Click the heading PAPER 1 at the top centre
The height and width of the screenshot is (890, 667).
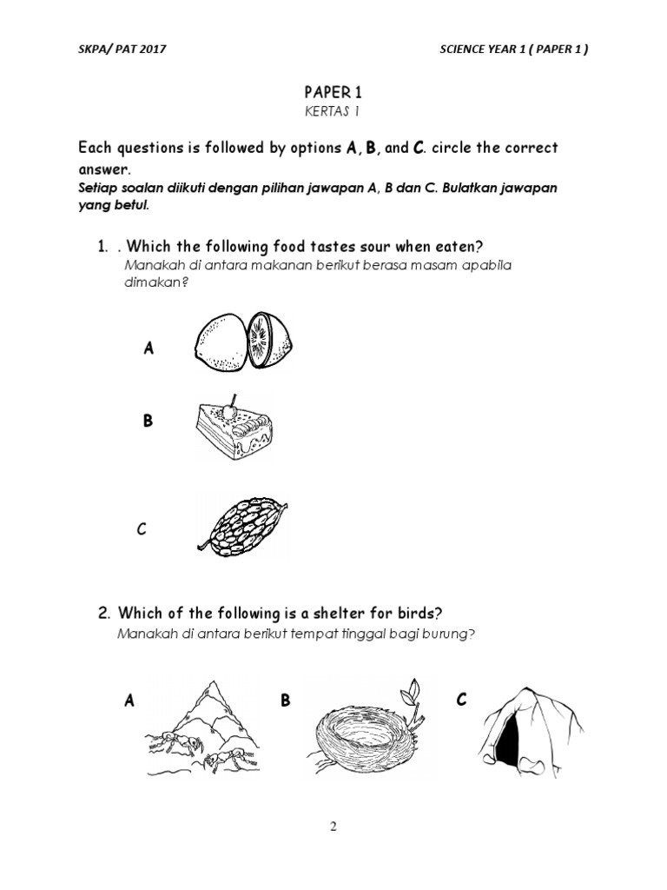click(x=333, y=90)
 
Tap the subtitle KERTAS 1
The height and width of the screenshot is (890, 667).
click(x=333, y=111)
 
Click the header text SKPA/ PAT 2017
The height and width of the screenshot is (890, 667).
click(x=122, y=50)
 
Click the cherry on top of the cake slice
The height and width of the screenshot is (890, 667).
click(x=230, y=406)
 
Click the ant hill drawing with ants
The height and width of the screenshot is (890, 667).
click(x=201, y=726)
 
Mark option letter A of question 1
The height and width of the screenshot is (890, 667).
click(x=149, y=349)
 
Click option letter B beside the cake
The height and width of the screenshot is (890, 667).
click(x=148, y=421)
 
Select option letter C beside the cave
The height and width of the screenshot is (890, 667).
click(x=461, y=700)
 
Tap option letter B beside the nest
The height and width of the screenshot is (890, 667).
click(x=285, y=700)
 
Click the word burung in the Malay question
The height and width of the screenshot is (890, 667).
click(x=451, y=634)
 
